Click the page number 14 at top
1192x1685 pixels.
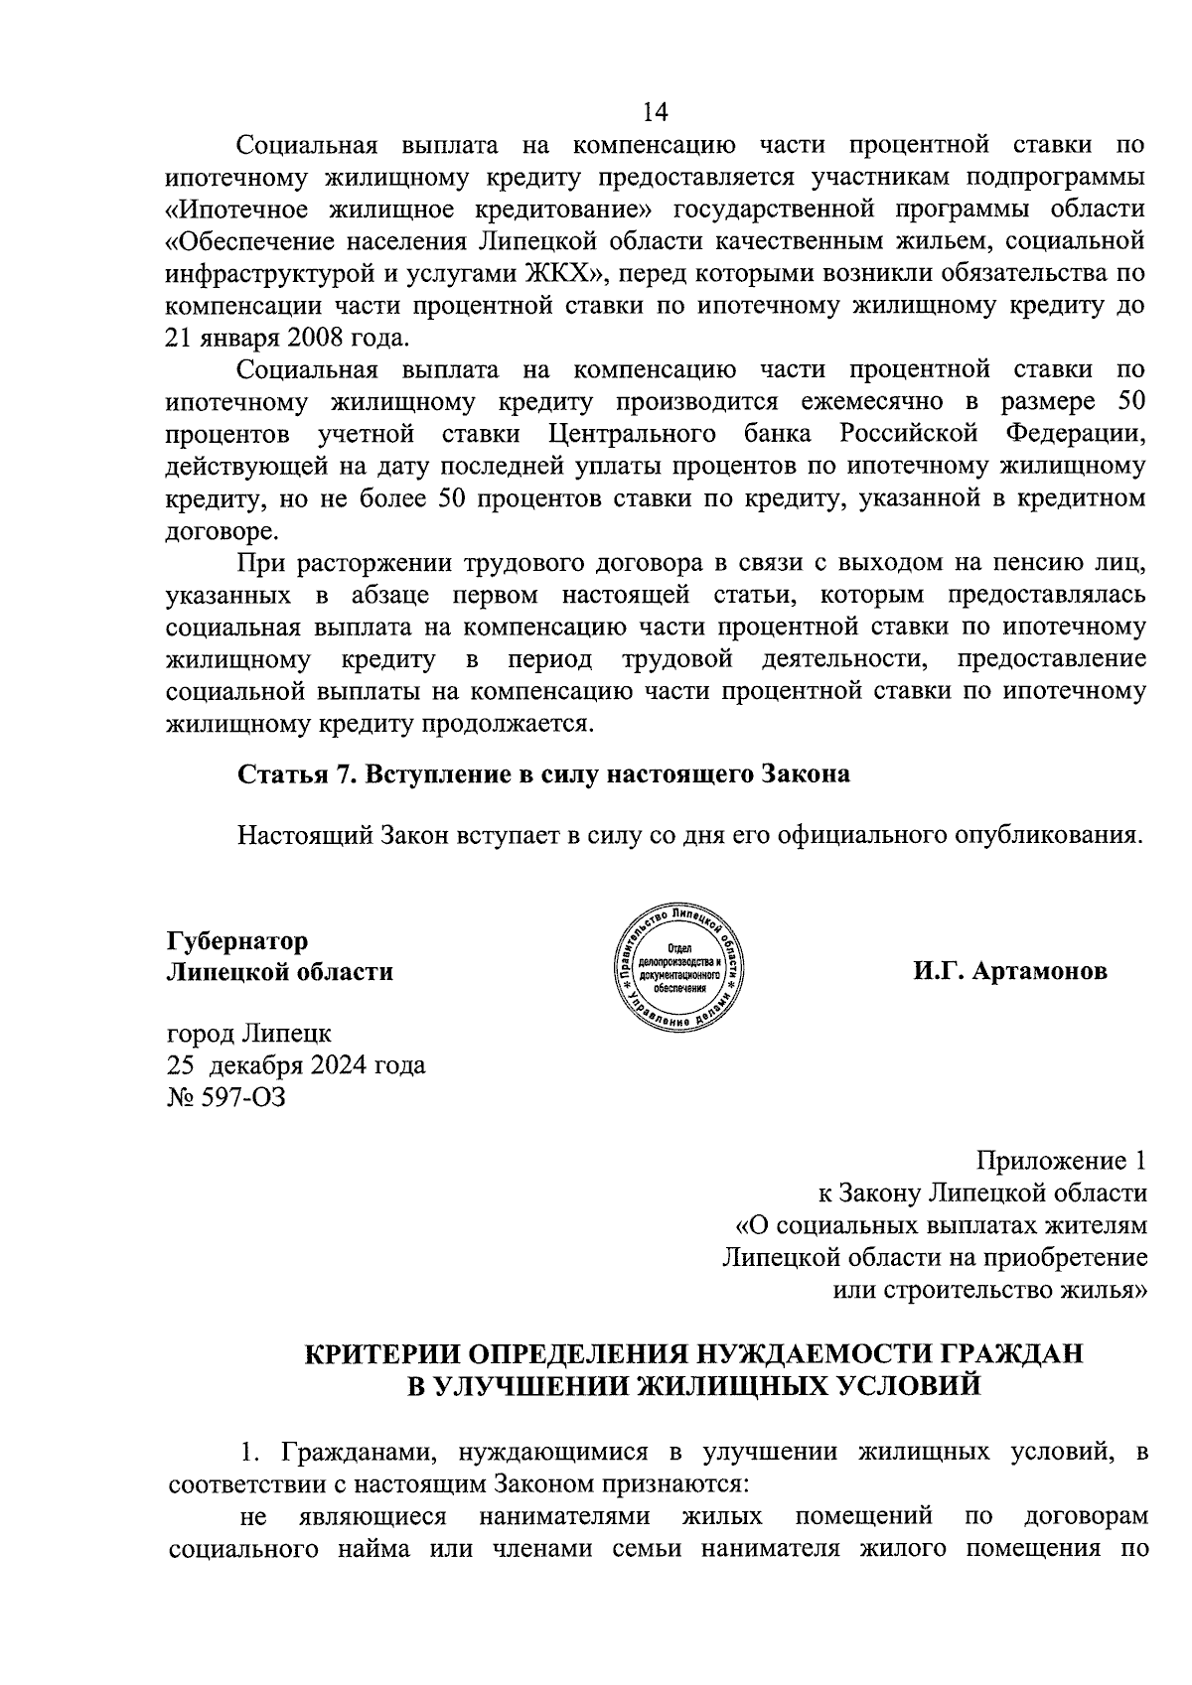(x=656, y=110)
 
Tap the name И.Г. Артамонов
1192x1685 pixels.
(x=1010, y=971)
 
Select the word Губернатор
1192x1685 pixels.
(x=236, y=939)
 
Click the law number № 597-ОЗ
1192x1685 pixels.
(x=225, y=1097)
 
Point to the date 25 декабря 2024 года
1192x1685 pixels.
(x=296, y=1065)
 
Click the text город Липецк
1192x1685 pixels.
(x=249, y=1034)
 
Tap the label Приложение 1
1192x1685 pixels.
(x=1062, y=1161)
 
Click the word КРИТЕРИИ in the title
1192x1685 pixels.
(x=378, y=1353)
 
